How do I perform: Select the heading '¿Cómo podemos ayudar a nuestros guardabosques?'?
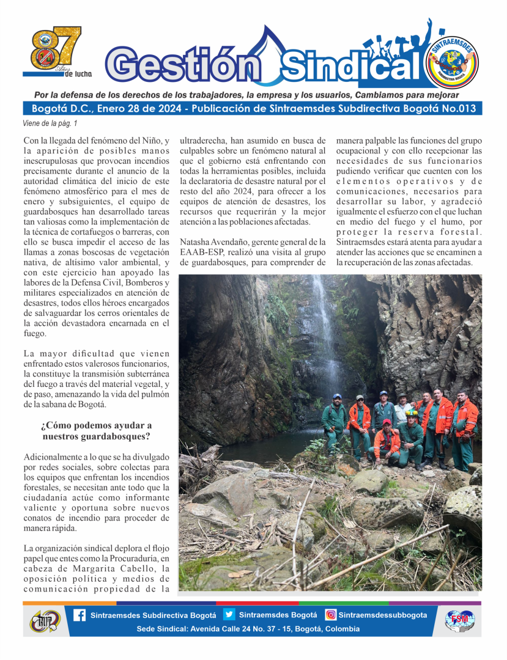coord(97,431)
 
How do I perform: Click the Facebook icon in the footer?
coord(80,615)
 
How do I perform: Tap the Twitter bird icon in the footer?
coord(229,615)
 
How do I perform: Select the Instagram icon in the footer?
coord(330,615)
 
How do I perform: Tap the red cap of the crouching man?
coord(387,422)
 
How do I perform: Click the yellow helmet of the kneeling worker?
coord(412,413)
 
